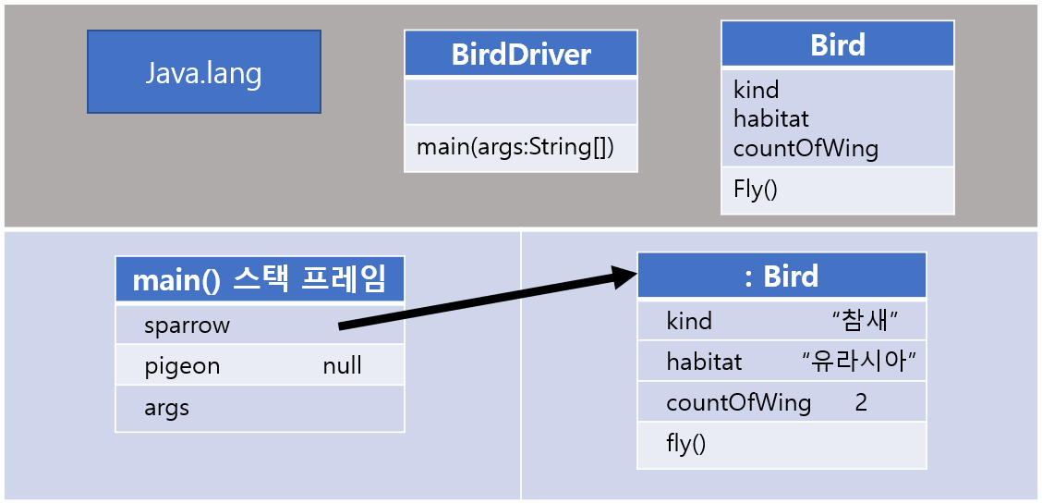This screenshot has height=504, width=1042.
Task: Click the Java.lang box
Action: click(203, 72)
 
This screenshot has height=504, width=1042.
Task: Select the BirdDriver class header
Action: click(521, 55)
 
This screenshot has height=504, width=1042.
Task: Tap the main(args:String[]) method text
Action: click(515, 147)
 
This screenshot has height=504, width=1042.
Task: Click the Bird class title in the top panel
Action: click(837, 44)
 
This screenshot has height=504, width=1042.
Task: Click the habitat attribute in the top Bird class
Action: click(770, 118)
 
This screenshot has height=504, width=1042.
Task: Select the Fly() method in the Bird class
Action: click(756, 190)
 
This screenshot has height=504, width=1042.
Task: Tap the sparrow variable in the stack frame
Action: click(187, 325)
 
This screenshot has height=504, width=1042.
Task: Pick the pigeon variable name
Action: click(182, 366)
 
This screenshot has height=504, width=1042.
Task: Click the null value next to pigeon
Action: click(342, 366)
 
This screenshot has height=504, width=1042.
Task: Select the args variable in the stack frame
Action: click(166, 408)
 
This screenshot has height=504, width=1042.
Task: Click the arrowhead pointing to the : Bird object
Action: click(624, 277)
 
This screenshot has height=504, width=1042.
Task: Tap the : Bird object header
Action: click(781, 276)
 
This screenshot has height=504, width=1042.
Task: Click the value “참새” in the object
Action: click(865, 321)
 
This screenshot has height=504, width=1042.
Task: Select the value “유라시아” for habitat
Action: click(863, 362)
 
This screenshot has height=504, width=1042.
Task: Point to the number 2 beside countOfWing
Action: click(861, 403)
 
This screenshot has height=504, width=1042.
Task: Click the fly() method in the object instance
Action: click(685, 444)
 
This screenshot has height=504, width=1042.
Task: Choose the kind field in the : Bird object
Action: click(689, 321)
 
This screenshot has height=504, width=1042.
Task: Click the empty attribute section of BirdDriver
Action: click(521, 101)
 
